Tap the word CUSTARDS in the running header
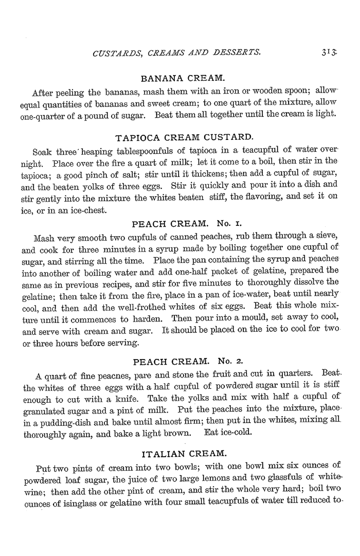(x=115, y=51)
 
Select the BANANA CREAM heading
(x=183, y=78)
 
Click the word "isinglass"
(x=86, y=504)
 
